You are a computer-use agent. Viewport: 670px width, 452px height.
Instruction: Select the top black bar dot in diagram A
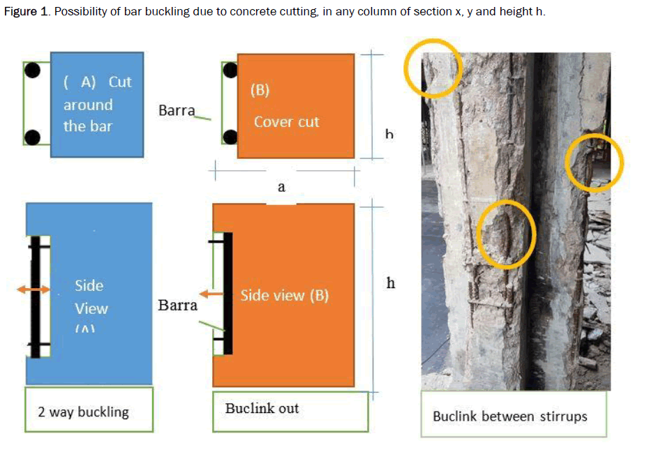click(x=31, y=70)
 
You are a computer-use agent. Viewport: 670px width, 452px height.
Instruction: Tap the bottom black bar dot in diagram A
click(x=31, y=137)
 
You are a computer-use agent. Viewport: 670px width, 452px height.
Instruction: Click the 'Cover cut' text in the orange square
click(x=286, y=122)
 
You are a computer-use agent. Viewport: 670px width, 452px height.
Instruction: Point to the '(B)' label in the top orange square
click(x=259, y=91)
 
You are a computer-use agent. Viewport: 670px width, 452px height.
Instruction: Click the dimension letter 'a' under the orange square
click(x=282, y=187)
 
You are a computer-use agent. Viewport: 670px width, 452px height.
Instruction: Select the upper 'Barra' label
click(x=177, y=111)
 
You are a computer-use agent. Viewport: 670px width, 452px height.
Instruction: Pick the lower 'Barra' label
click(x=177, y=306)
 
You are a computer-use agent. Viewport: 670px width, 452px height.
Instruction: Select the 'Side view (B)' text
click(x=284, y=296)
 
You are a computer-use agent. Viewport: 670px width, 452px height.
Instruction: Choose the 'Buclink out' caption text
click(x=262, y=408)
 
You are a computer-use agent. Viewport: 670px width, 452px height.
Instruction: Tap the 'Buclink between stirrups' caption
click(x=509, y=417)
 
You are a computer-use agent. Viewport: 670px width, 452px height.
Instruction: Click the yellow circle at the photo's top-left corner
click(x=433, y=67)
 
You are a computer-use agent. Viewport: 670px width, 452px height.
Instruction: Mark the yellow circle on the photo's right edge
click(x=593, y=163)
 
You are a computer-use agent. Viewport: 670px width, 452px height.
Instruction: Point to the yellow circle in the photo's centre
click(x=506, y=234)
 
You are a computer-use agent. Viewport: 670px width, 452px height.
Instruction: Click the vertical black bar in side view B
click(x=228, y=293)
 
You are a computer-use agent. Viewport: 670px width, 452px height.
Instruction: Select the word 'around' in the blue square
click(x=88, y=105)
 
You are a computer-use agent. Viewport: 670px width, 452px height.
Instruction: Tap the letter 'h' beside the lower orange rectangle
click(x=390, y=283)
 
